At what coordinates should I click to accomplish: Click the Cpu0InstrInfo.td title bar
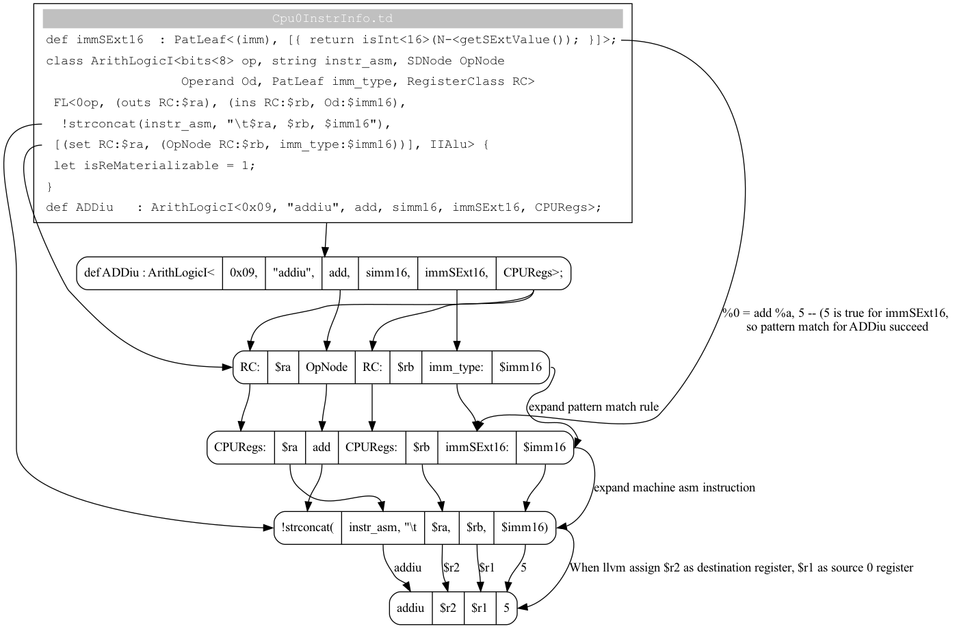point(332,18)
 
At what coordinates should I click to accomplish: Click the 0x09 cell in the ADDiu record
point(244,273)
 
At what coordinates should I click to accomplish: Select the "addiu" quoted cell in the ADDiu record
point(293,273)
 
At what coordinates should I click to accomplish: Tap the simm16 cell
point(387,273)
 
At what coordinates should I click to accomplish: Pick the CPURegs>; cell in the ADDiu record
point(533,273)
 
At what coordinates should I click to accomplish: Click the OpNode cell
point(326,367)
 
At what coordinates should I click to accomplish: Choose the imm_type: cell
point(456,367)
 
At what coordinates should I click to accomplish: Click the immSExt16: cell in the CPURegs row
point(477,448)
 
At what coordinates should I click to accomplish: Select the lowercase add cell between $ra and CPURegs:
point(322,448)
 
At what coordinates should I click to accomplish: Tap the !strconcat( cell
point(307,528)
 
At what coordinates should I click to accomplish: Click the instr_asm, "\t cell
point(382,528)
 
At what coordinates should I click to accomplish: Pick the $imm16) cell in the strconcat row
point(524,528)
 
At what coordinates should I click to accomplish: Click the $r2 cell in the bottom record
point(448,608)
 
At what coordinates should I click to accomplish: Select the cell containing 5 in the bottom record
point(507,608)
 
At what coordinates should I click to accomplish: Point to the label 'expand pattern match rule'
point(593,407)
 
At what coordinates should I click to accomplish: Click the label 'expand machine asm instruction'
point(674,487)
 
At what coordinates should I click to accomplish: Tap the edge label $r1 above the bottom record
point(486,567)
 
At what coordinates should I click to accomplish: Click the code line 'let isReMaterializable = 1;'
point(154,166)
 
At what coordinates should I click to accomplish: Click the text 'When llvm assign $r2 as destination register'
point(741,567)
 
